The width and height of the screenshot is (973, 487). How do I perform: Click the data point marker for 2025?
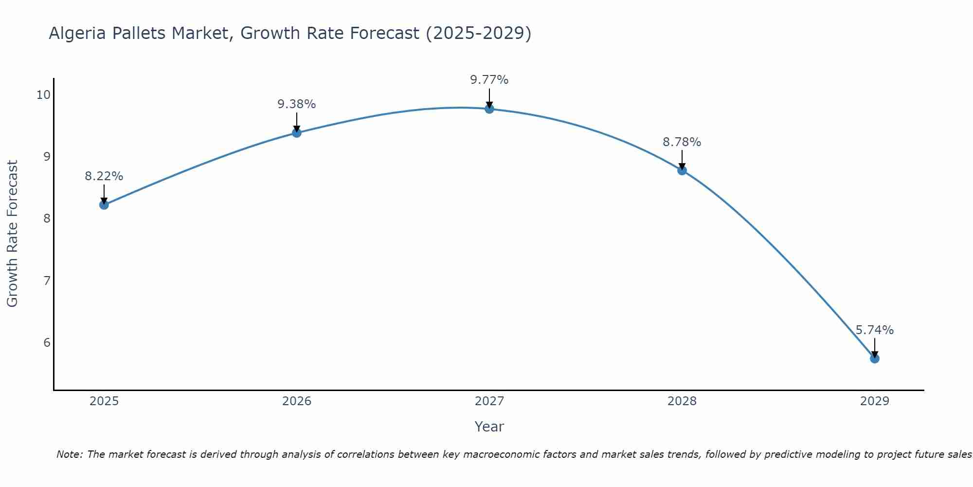tap(104, 205)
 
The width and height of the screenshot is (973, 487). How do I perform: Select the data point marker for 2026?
tap(297, 132)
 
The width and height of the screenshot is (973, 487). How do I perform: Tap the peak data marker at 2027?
tap(489, 109)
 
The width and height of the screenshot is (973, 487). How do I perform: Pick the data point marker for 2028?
tap(682, 170)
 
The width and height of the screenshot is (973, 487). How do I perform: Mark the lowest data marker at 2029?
tap(875, 358)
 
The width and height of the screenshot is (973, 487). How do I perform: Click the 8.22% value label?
tap(104, 176)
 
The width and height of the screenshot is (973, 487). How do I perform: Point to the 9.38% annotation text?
tap(297, 104)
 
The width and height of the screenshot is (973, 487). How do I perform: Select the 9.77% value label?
tap(489, 80)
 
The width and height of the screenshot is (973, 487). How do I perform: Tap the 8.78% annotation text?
tap(682, 142)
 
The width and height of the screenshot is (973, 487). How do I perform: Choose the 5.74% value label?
tap(875, 330)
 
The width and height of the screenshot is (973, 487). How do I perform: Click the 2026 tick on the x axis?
tap(297, 401)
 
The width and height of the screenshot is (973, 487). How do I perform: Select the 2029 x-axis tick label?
tap(875, 401)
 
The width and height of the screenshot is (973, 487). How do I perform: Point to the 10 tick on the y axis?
tap(43, 94)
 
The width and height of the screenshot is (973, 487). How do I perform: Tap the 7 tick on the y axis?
tap(47, 281)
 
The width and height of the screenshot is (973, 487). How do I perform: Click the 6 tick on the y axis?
tap(47, 342)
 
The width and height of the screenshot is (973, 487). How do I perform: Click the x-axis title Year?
tap(489, 427)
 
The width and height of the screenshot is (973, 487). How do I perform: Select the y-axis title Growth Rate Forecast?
tap(13, 234)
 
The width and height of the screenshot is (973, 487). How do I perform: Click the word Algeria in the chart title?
tap(78, 34)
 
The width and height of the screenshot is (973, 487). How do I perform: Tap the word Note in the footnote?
tap(69, 454)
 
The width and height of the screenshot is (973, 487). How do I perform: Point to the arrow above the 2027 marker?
tap(489, 97)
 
